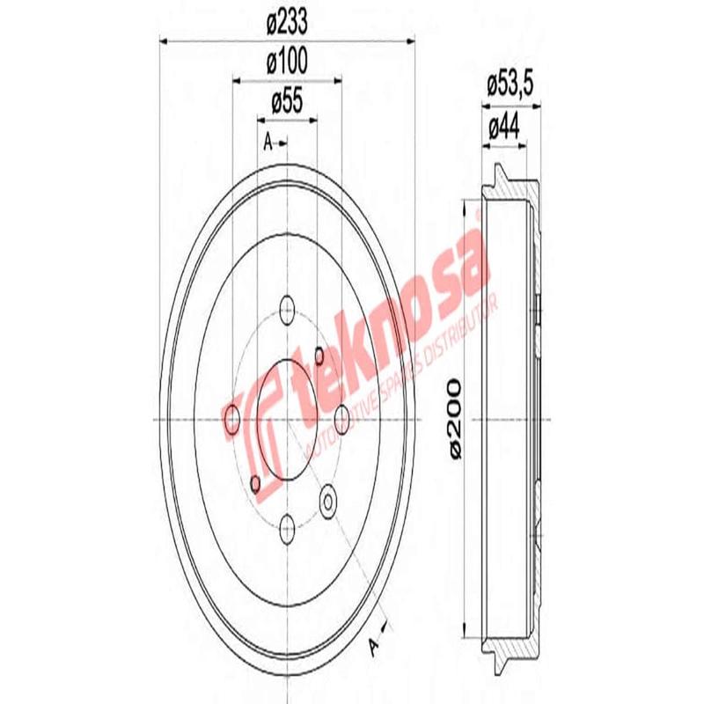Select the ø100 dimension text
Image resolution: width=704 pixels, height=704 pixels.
click(x=286, y=64)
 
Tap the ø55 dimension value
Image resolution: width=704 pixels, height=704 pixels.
click(x=286, y=102)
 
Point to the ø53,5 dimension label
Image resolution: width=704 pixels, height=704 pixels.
click(x=511, y=86)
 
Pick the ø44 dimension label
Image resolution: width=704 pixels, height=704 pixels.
click(x=503, y=127)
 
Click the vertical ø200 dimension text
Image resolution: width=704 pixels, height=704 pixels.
click(x=454, y=418)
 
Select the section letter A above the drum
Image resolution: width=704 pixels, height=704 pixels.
click(x=268, y=142)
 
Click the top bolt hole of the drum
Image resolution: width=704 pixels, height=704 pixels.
click(x=286, y=309)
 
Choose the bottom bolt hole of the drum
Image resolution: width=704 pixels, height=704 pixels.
click(x=286, y=530)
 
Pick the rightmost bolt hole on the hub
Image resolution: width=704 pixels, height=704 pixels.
click(x=342, y=420)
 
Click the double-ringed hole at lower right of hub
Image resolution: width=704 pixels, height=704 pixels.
click(x=329, y=501)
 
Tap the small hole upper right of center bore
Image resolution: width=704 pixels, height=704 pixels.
click(x=319, y=356)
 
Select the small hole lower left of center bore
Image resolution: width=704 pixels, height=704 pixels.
click(x=254, y=483)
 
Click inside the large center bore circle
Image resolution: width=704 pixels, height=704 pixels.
click(x=286, y=420)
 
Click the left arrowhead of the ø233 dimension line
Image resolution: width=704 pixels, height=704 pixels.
click(x=163, y=40)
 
